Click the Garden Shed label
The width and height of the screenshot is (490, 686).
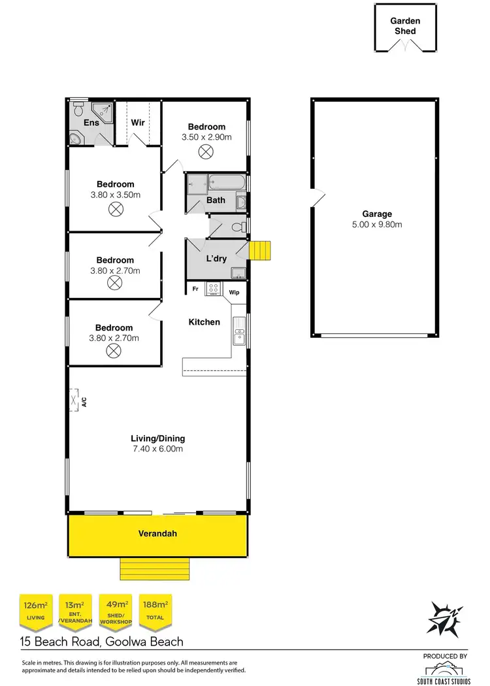click(x=405, y=26)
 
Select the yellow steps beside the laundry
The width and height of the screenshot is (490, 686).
click(x=261, y=250)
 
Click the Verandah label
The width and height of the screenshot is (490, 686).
click(x=157, y=534)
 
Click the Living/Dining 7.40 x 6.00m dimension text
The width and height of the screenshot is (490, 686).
click(x=157, y=449)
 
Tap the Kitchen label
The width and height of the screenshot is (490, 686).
click(x=204, y=322)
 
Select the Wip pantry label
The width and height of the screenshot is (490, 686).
click(x=234, y=293)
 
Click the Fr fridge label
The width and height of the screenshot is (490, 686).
click(x=195, y=288)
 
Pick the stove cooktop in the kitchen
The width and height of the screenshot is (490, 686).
click(x=213, y=288)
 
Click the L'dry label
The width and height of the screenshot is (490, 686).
click(x=217, y=259)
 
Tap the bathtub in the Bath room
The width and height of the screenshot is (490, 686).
click(x=225, y=183)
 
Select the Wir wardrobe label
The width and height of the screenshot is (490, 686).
click(x=138, y=122)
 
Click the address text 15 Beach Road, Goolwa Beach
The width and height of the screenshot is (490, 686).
click(x=101, y=642)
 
